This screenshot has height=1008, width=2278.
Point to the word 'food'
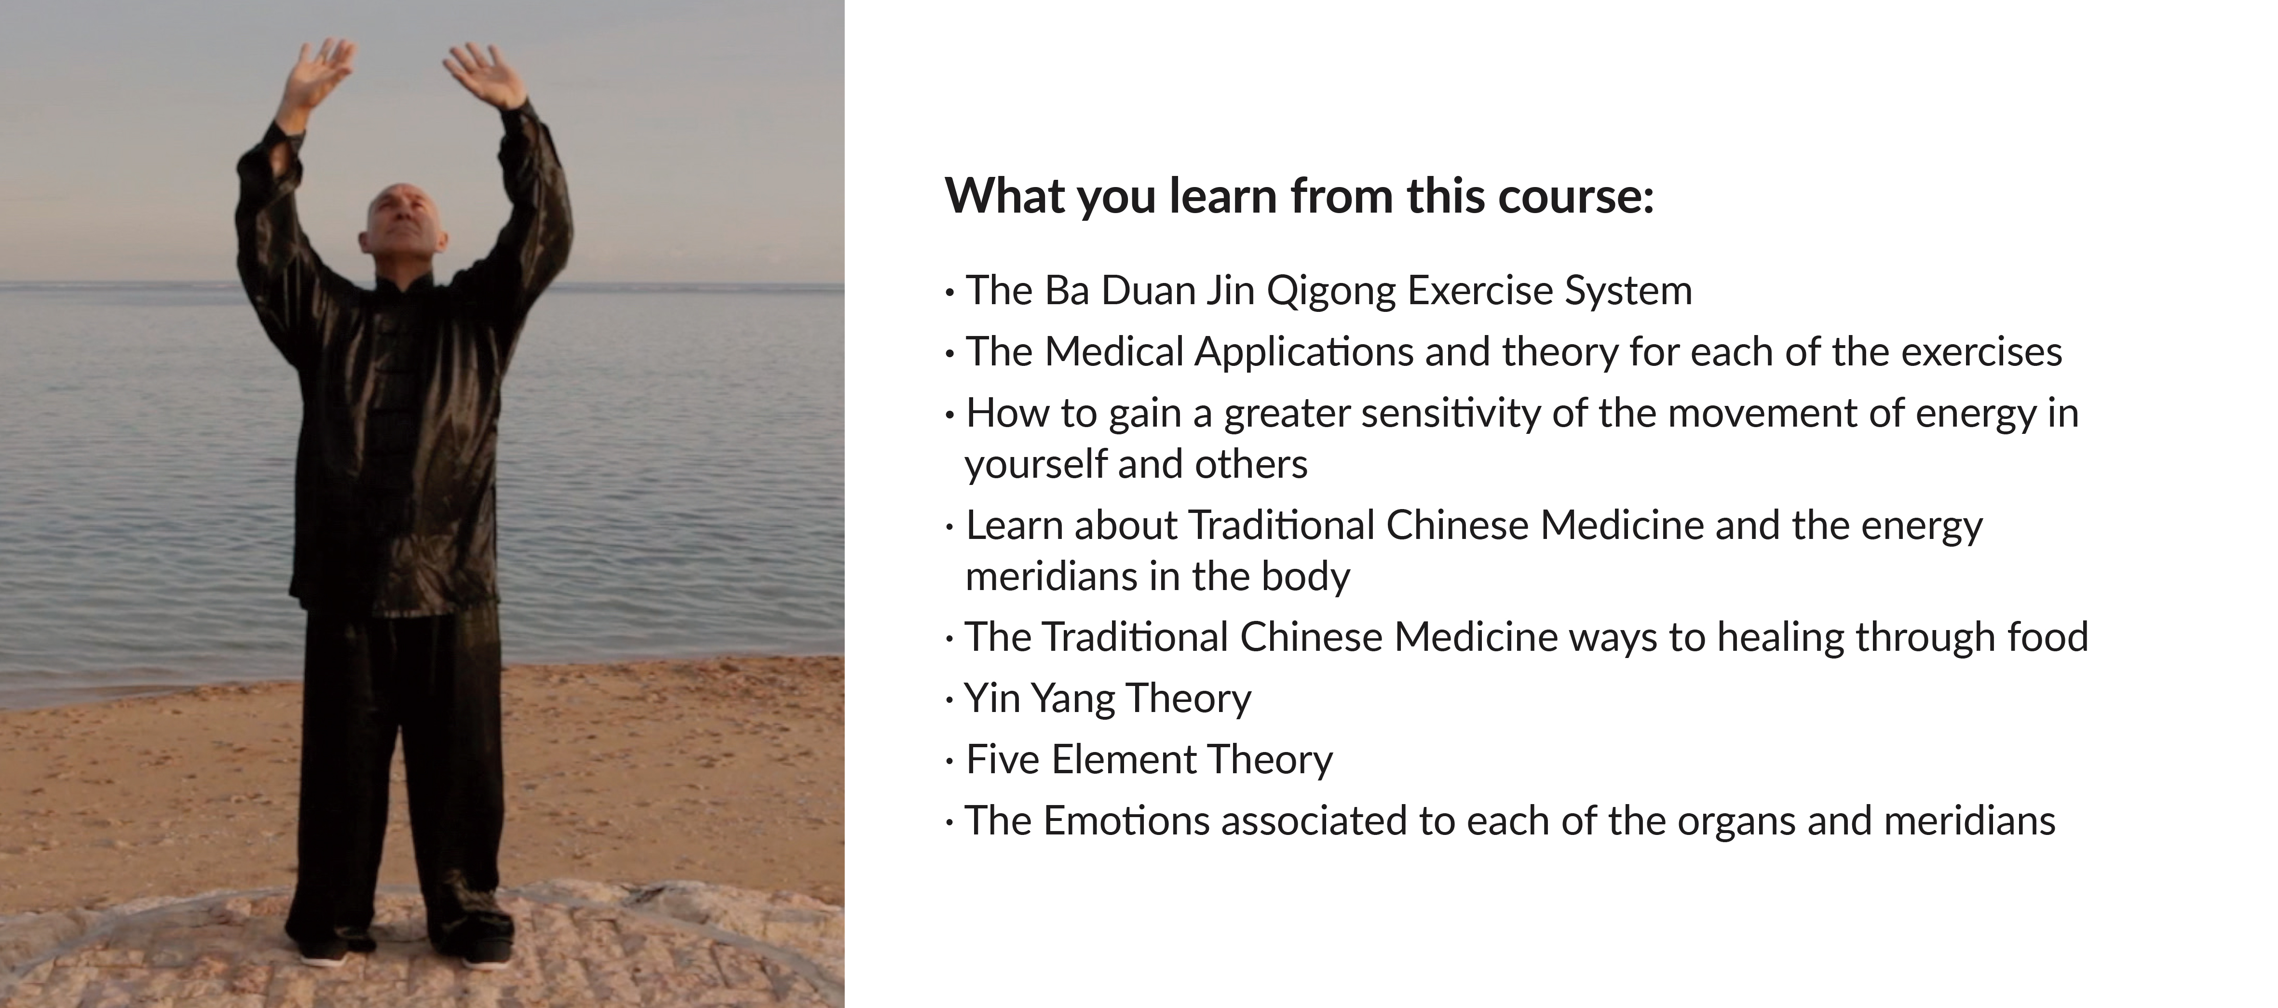2048,637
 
